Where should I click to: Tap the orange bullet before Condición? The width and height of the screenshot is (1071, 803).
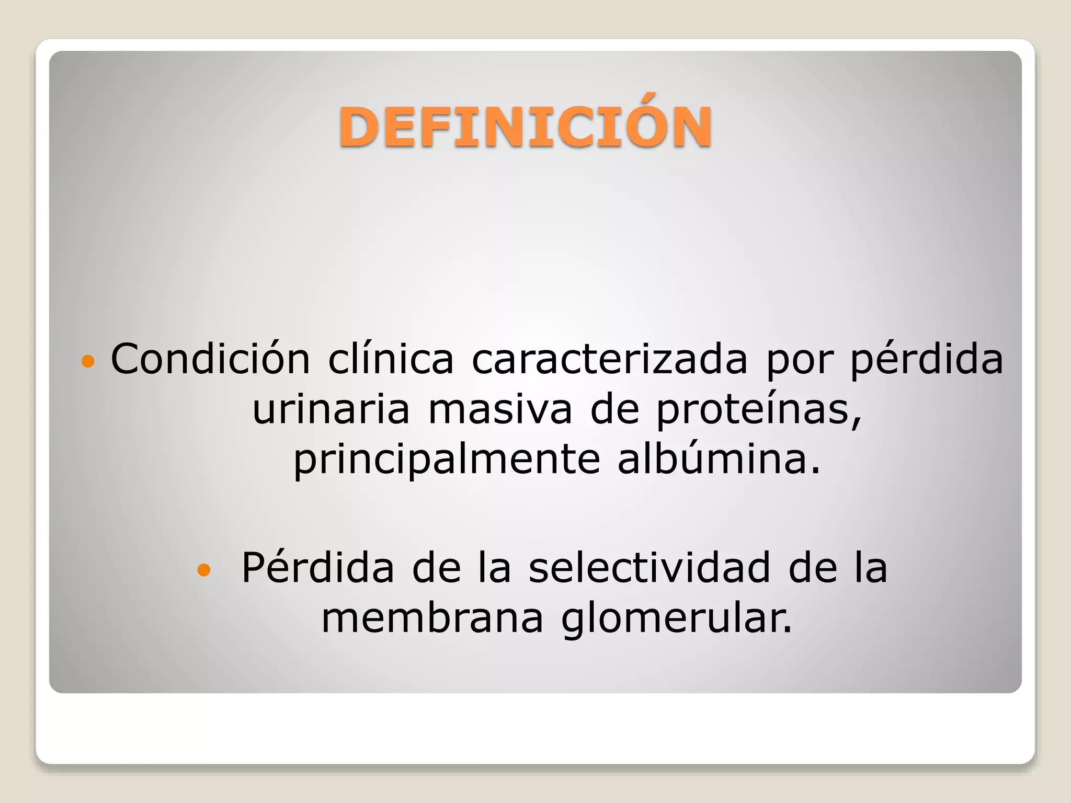pyautogui.click(x=88, y=361)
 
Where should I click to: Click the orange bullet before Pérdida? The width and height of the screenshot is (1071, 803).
pyautogui.click(x=204, y=570)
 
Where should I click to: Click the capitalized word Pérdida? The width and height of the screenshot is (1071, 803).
pyautogui.click(x=317, y=568)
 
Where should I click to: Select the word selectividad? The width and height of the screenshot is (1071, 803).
pyautogui.click(x=649, y=568)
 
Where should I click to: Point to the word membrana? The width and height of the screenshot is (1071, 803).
pyautogui.click(x=432, y=618)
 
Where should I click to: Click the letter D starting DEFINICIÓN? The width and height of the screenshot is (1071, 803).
pyautogui.click(x=359, y=127)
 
